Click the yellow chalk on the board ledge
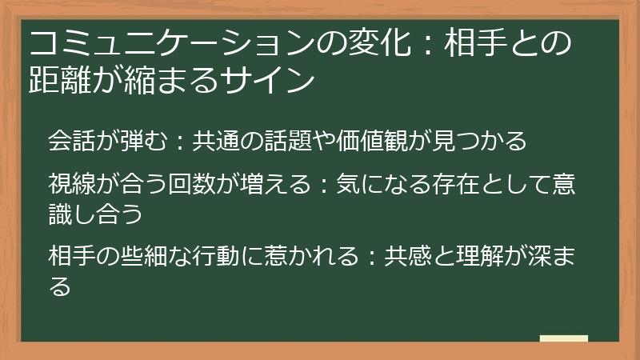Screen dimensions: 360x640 click(x=563, y=338)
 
